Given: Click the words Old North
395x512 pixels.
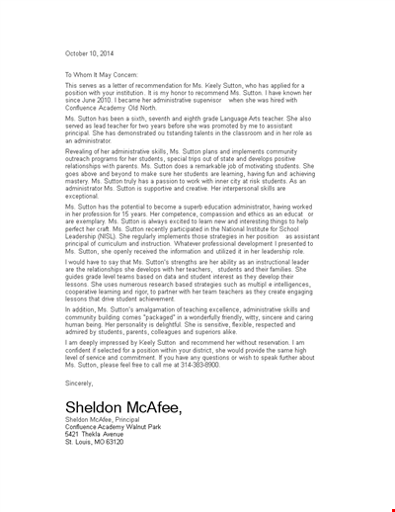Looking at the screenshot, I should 147,115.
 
